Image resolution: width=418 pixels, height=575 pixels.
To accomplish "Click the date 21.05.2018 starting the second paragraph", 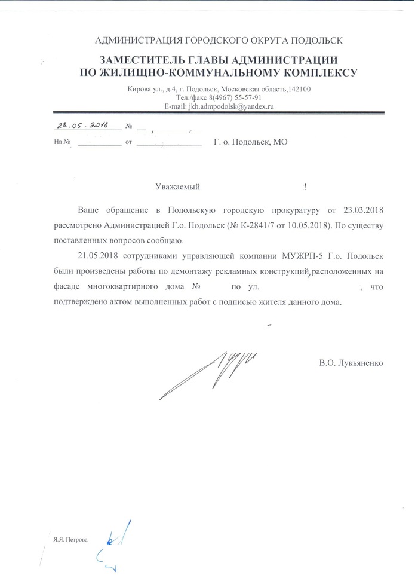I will click(99, 257).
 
